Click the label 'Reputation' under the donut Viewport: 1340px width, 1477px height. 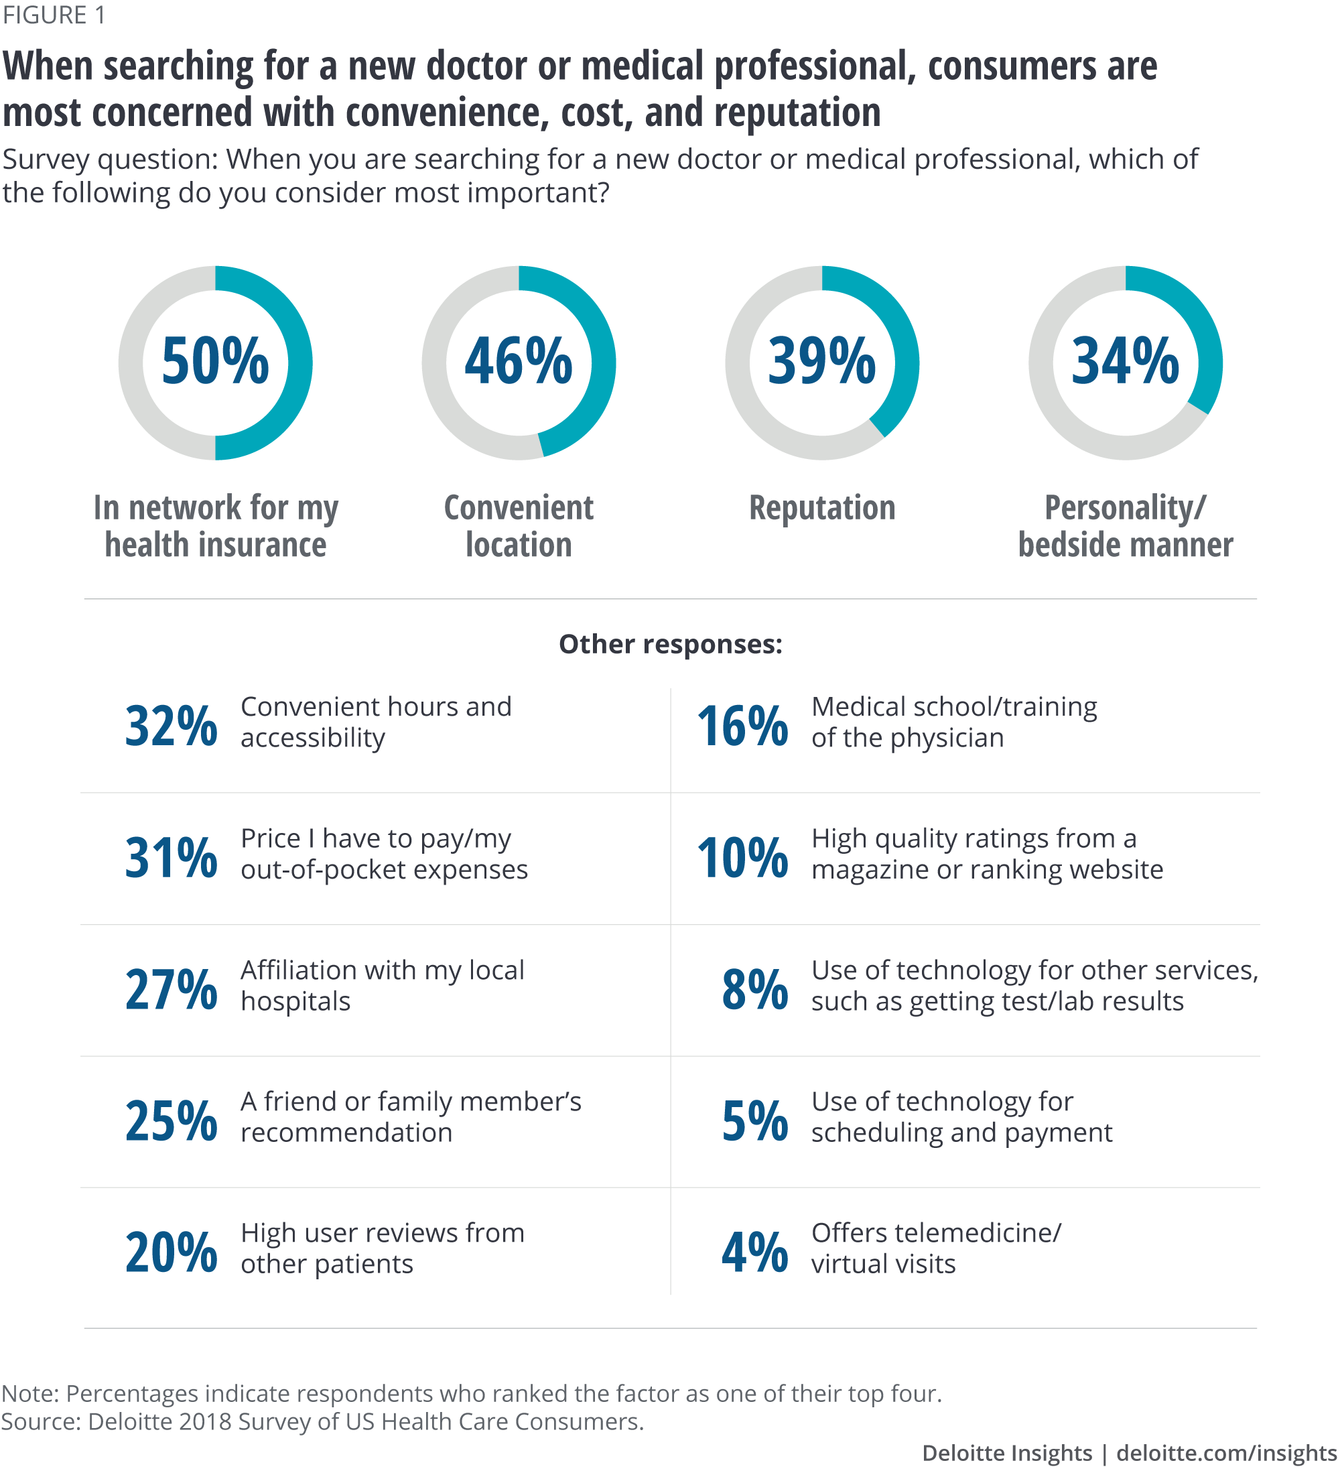click(x=822, y=508)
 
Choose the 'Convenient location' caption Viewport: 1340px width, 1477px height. click(x=519, y=526)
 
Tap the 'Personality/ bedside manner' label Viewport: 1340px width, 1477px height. click(x=1126, y=526)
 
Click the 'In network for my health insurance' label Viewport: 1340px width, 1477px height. click(x=215, y=526)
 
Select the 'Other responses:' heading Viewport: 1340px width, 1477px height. click(x=671, y=644)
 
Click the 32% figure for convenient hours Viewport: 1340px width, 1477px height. click(x=172, y=726)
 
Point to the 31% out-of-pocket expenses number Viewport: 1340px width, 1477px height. click(x=172, y=857)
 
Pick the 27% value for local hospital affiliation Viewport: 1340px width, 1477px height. click(x=172, y=989)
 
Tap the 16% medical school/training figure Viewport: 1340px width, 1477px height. click(x=742, y=726)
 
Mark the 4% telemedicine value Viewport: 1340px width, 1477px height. click(x=754, y=1252)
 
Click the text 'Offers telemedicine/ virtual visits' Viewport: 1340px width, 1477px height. click(x=935, y=1248)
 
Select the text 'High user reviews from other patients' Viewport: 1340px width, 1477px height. click(x=383, y=1248)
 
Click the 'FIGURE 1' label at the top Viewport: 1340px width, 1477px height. click(x=54, y=15)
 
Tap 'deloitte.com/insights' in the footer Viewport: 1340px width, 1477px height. click(x=1227, y=1453)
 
